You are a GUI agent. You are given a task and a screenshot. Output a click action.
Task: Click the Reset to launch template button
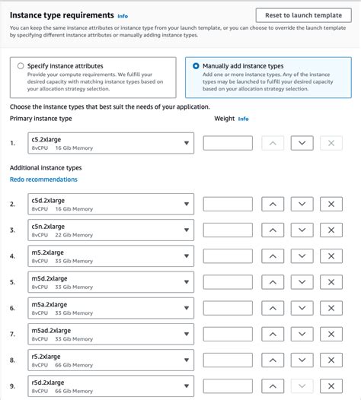(303, 15)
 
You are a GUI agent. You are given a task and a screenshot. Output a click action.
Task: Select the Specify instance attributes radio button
(21, 66)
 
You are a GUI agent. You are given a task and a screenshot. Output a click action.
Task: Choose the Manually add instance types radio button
(196, 66)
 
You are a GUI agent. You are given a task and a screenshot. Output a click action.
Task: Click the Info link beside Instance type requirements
(123, 15)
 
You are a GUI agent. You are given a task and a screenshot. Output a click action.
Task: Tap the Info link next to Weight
(243, 119)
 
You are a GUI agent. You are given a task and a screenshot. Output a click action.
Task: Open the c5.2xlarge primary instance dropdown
(110, 143)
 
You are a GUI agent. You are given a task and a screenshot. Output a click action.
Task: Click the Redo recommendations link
(43, 179)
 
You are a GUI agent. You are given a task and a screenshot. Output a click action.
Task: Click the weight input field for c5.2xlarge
(228, 143)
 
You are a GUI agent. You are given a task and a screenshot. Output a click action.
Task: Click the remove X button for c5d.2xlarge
(331, 204)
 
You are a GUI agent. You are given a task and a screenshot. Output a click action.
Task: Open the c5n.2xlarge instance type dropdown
(110, 230)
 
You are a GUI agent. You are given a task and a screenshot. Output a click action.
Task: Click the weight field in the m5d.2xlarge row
(228, 282)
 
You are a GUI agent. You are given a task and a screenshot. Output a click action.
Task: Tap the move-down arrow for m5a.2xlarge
(302, 308)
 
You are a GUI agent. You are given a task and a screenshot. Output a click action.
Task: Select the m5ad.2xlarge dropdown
(110, 334)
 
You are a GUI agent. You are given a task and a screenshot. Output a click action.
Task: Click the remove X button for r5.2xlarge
(331, 360)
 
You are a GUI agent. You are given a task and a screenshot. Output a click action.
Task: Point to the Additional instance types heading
(46, 167)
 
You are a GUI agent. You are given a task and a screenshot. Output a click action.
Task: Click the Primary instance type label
(41, 119)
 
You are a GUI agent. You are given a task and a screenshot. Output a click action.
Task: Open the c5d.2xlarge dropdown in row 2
(110, 204)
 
